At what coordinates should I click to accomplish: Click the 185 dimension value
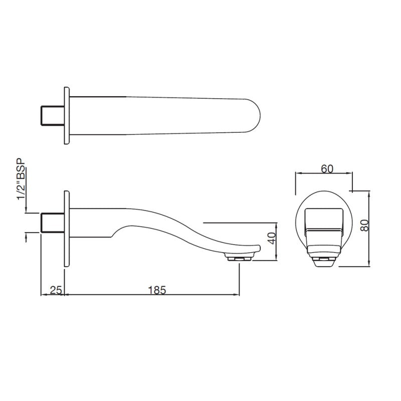pyautogui.click(x=157, y=290)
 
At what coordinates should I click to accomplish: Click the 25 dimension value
pyautogui.click(x=56, y=290)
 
